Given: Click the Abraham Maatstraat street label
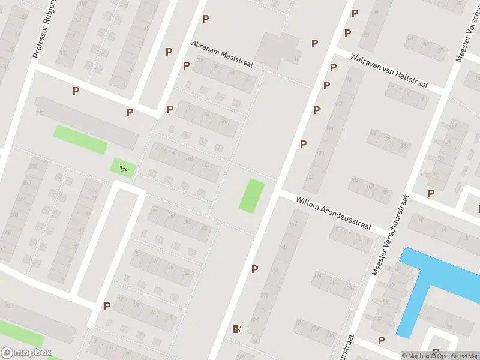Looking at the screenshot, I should point(223,55).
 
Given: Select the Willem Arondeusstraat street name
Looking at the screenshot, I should point(334,213).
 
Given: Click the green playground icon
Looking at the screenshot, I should point(123,167).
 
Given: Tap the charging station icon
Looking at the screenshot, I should point(238,328).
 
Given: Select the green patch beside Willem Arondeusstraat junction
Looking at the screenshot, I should point(251,195).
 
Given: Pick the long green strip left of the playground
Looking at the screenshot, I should point(80,139).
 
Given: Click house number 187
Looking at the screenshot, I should point(284,247).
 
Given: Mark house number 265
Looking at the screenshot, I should point(8,305).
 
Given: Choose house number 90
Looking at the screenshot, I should point(388,140).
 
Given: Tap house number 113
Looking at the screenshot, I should point(329,128).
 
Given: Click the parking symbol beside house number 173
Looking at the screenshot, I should point(255,269).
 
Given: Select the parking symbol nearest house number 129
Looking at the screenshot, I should point(304,144).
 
